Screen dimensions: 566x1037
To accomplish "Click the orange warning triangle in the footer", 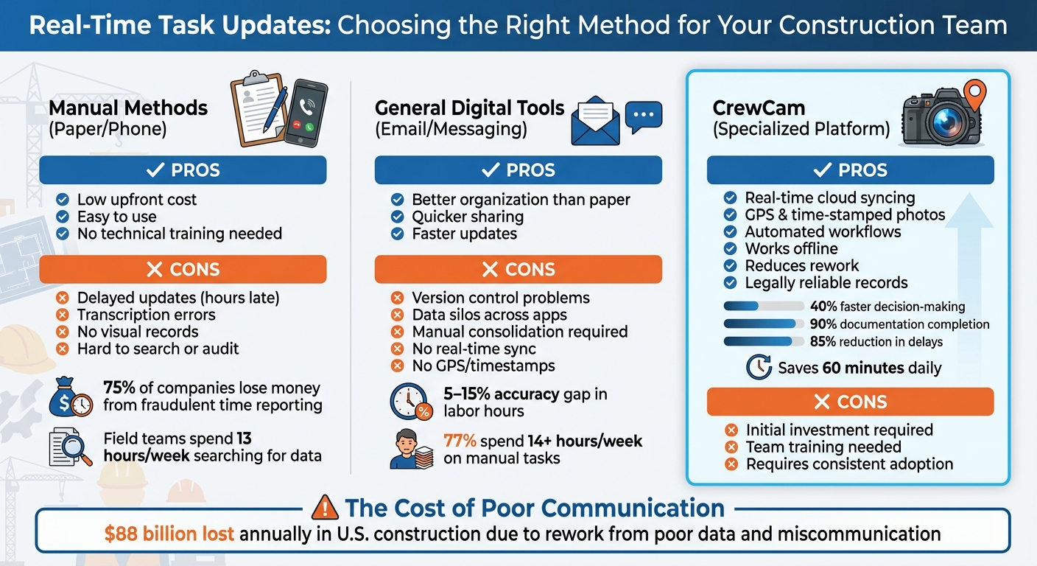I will [x=325, y=508].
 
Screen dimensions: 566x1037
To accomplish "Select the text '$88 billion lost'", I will [x=169, y=534].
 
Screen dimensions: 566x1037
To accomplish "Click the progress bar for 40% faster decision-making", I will [x=763, y=307].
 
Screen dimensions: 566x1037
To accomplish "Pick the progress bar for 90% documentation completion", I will [x=763, y=324].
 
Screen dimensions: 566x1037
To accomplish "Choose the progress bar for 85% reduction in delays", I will [x=763, y=341].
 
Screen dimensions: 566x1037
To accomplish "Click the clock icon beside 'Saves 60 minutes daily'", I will [x=759, y=367].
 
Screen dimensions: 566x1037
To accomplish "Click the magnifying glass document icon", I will [x=71, y=448].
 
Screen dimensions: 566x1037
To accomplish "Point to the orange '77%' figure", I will [x=460, y=441].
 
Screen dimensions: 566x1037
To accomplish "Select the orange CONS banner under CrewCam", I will [x=850, y=402].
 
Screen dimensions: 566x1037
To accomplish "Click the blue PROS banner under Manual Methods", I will [x=183, y=170].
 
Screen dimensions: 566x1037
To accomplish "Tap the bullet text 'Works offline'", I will [x=791, y=248].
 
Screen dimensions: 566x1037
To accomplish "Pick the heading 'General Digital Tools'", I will [x=470, y=108].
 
